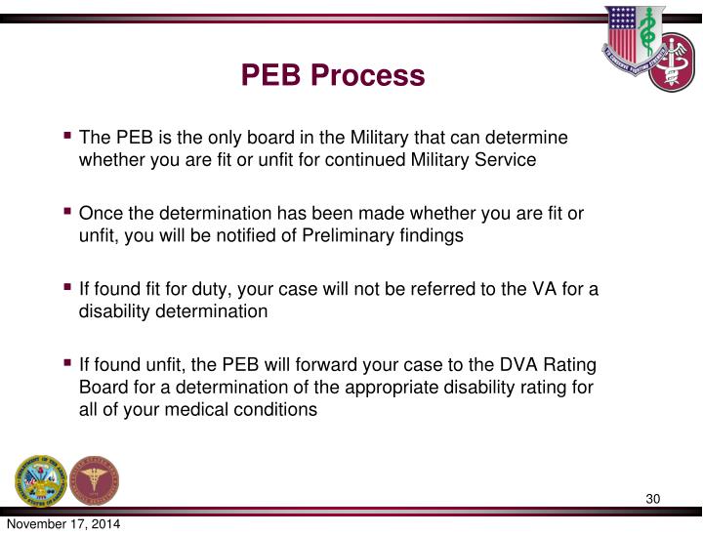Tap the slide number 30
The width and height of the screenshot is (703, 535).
653,501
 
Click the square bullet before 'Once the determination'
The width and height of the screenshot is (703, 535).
67,212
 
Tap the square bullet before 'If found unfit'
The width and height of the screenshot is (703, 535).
67,363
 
